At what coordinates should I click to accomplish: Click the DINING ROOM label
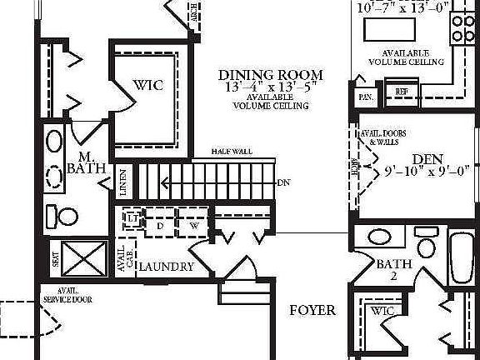pos(271,74)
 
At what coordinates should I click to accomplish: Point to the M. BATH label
pos(87,162)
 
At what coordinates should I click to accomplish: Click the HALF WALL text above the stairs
pos(232,152)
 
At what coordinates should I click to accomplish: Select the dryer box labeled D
pos(160,225)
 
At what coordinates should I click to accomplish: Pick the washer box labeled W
pos(192,225)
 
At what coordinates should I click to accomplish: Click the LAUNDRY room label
pos(166,267)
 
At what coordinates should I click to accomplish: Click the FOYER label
pos(312,311)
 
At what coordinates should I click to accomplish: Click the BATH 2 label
pos(392,270)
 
